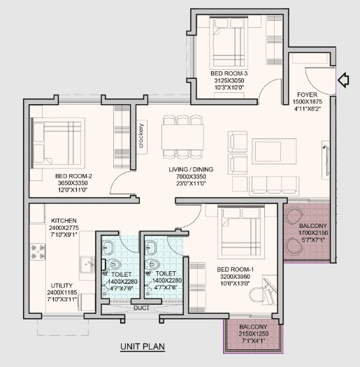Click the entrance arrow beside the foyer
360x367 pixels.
pyautogui.click(x=344, y=80)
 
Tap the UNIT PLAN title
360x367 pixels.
pyautogui.click(x=143, y=347)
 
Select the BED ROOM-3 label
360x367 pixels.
pyautogui.click(x=229, y=73)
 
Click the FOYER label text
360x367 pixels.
pyautogui.click(x=307, y=95)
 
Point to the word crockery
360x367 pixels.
pyautogui.click(x=141, y=136)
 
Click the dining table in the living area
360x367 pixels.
pyautogui.click(x=182, y=137)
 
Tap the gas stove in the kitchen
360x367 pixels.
pyautogui.click(x=38, y=252)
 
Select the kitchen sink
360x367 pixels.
pyautogui.click(x=87, y=265)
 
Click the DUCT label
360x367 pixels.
pyautogui.click(x=142, y=308)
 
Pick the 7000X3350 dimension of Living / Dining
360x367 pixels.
pyautogui.click(x=191, y=176)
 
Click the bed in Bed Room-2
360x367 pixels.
pyautogui.click(x=58, y=143)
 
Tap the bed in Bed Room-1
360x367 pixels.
pyautogui.click(x=241, y=231)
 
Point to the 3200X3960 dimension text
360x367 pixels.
pyautogui.click(x=235, y=276)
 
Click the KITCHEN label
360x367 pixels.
pyautogui.click(x=64, y=221)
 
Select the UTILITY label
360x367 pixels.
pyautogui.click(x=62, y=285)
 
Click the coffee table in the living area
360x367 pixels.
pyautogui.click(x=274, y=151)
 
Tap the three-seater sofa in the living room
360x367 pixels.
pyautogui.click(x=274, y=186)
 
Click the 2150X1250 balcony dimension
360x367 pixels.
pyautogui.click(x=254, y=333)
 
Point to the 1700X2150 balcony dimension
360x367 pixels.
pyautogui.click(x=313, y=233)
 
